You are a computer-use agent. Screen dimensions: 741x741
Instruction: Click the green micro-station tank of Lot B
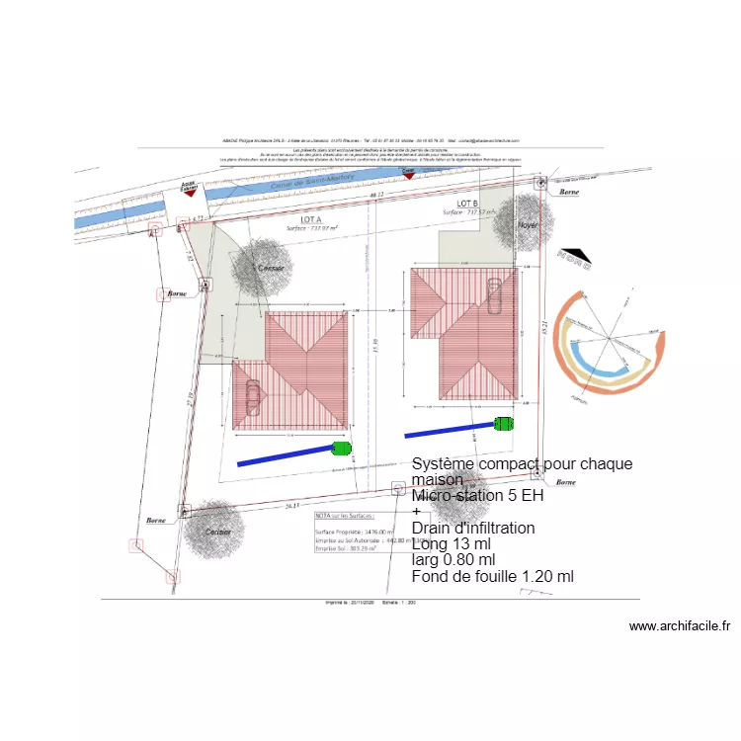click(504, 425)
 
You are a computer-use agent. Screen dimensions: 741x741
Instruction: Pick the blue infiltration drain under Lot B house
click(450, 430)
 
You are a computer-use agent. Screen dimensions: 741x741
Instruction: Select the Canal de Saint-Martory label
click(282, 183)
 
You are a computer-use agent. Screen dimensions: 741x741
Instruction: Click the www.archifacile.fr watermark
click(679, 626)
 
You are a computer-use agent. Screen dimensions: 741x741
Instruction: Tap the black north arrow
click(573, 259)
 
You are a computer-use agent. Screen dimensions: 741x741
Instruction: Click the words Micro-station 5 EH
click(477, 496)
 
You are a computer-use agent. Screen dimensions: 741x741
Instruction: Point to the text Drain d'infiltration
click(473, 528)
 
